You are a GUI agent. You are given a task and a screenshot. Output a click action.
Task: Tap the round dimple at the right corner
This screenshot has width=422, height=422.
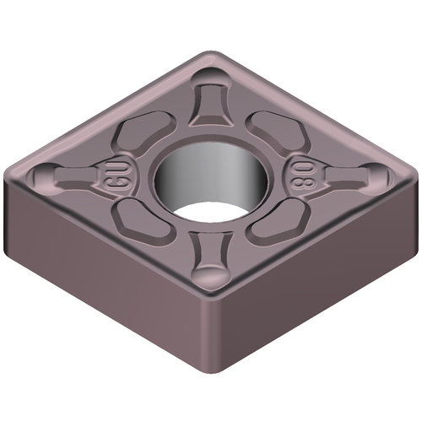tap(377, 175)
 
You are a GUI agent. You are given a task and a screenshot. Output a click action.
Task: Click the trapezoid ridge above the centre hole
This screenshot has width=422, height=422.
tap(211, 105)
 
